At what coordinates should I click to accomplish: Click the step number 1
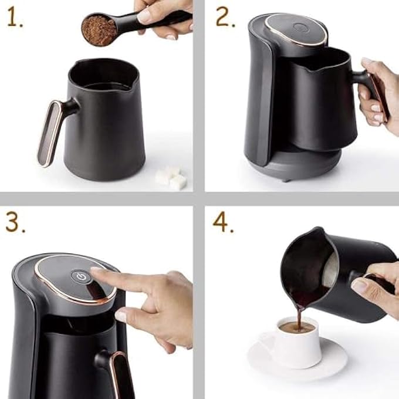pos(15,18)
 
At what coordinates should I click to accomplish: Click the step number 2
pos(225,17)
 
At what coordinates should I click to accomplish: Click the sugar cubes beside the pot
pos(171,177)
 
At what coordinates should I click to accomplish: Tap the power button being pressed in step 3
pos(82,277)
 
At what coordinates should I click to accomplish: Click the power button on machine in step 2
pos(300,27)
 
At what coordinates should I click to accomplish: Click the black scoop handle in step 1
pos(153,22)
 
